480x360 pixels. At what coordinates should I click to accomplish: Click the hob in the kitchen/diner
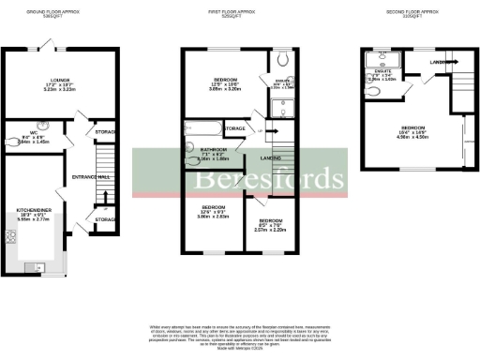click(x=10, y=234)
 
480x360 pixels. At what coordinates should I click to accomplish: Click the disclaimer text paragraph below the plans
click(x=240, y=336)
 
